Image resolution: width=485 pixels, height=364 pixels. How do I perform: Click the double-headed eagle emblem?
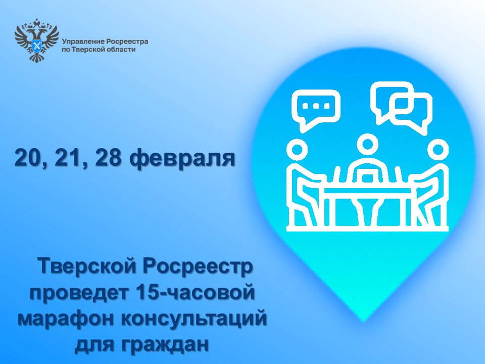(36, 40)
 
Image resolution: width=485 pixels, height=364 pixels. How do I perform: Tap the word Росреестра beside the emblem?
(127, 42)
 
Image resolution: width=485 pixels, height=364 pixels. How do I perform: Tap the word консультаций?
(193, 318)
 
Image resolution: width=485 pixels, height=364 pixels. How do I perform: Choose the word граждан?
(165, 344)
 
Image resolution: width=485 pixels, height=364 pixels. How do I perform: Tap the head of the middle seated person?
(367, 144)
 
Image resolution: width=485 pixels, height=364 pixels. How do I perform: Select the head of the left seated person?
(297, 150)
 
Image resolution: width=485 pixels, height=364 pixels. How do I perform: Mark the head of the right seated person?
(438, 150)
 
